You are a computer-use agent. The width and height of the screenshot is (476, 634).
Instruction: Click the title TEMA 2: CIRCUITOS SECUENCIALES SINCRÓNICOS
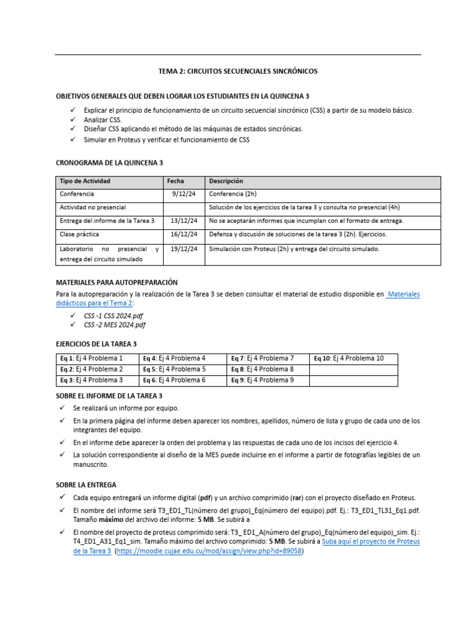coord(238,71)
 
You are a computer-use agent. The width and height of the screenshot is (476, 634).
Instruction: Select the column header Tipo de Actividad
coord(85,181)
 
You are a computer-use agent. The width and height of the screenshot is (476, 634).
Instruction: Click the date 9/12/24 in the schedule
coord(184,194)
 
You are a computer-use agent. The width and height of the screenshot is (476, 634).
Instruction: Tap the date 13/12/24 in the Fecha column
coord(184,220)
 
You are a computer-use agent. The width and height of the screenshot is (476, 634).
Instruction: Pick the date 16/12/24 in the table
coord(184,235)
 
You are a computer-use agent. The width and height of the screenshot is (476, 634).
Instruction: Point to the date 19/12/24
coord(184,249)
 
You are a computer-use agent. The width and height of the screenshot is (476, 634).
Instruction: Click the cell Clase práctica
coord(79,235)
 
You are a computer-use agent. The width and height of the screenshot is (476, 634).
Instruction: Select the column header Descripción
coord(226,181)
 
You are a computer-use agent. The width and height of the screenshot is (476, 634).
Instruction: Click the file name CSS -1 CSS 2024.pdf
coord(114,316)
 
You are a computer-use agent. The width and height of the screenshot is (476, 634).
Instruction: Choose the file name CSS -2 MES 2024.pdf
coord(115,325)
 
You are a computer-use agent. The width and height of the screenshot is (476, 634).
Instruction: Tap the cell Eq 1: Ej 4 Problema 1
coord(91,358)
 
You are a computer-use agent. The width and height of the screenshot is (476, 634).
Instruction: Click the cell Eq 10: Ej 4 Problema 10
coord(349,358)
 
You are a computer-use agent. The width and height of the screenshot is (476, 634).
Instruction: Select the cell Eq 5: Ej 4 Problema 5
coord(174,370)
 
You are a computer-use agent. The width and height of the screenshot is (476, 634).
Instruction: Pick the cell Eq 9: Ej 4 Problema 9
coord(262,380)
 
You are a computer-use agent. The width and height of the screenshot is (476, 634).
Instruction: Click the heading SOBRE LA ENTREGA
coord(86,485)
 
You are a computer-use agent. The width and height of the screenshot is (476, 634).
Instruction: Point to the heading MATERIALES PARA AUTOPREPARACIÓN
coord(117,282)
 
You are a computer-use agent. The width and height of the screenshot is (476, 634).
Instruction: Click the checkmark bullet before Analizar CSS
coord(73,119)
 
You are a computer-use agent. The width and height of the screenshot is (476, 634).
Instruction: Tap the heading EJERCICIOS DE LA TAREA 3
coord(96,344)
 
